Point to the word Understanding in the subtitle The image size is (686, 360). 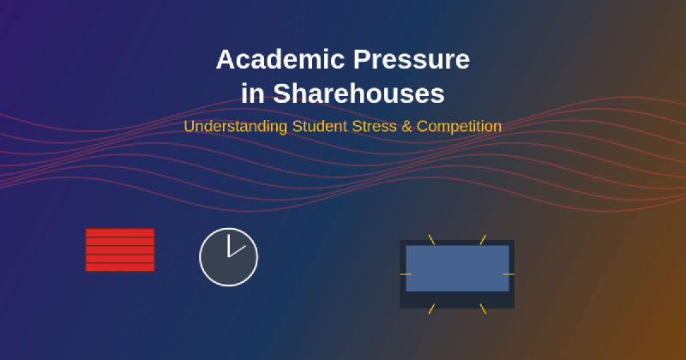[236, 126]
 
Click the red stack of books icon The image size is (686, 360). [120, 250]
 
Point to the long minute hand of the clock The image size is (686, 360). [238, 251]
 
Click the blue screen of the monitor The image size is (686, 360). [457, 268]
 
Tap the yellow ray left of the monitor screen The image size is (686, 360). [406, 274]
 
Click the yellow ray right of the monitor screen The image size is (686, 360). [508, 274]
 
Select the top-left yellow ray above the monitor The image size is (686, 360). [431, 240]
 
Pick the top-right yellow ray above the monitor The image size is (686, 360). [483, 240]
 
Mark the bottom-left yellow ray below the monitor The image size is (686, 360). [431, 309]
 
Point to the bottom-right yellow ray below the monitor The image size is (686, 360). [483, 309]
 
